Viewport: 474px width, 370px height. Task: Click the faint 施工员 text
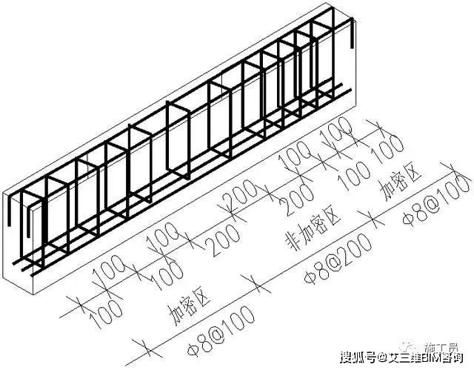tap(444, 346)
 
